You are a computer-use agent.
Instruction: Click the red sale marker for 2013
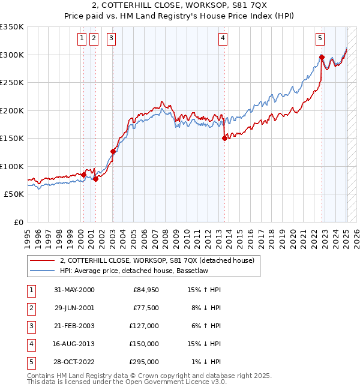pyautogui.click(x=224, y=138)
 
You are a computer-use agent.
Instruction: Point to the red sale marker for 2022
pyautogui.click(x=322, y=58)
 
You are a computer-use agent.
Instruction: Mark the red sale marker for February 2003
pyautogui.click(x=113, y=151)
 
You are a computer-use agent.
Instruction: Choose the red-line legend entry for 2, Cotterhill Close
pyautogui.click(x=157, y=260)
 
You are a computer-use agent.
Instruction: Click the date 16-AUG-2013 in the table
pyautogui.click(x=74, y=344)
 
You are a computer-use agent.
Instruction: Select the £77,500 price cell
pyautogui.click(x=146, y=308)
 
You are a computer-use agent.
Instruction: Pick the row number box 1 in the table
pyautogui.click(x=29, y=290)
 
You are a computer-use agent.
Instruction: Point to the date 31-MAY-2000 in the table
pyautogui.click(x=74, y=290)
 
